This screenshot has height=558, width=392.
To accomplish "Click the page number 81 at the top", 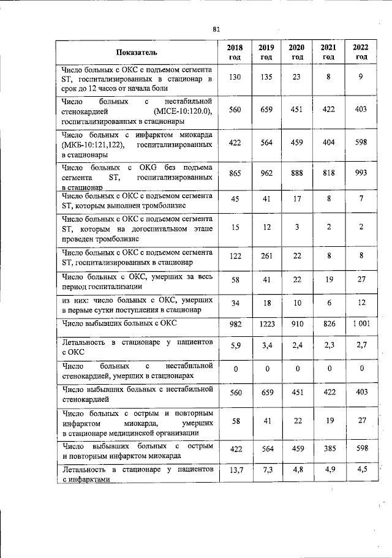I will [x=216, y=29].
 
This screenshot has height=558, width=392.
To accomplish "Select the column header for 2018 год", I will [x=235, y=52].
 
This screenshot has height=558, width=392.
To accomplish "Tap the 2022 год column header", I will [x=361, y=52].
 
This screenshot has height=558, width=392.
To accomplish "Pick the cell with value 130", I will [x=235, y=77].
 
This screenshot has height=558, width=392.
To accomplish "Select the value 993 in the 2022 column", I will [x=361, y=173].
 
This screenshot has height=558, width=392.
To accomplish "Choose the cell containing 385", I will [x=329, y=449].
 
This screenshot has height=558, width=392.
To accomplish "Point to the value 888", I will [x=297, y=173].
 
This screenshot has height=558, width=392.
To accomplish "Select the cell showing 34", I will [x=235, y=303].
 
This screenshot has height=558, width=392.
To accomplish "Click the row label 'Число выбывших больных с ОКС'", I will [x=120, y=322].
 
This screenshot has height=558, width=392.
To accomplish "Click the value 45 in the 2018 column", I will [x=235, y=199].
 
